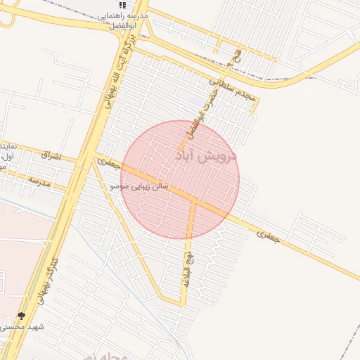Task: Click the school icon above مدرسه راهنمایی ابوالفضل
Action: point(123,5)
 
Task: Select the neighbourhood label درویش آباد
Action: point(205,155)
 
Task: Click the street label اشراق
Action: point(51,154)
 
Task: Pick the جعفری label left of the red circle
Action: point(108,162)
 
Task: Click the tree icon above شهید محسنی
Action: point(21,316)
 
